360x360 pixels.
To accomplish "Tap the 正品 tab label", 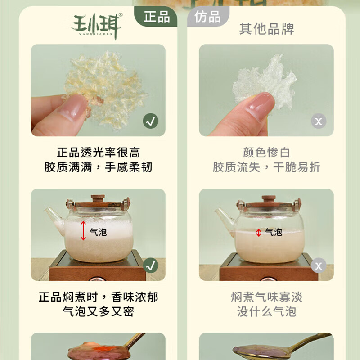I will click(157, 17).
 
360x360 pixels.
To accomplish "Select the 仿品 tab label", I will click(207, 17).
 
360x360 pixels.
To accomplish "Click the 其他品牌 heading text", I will click(266, 29).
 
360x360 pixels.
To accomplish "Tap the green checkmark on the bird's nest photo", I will click(150, 121).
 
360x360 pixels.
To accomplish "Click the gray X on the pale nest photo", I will click(319, 121).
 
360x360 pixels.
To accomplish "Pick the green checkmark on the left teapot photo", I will click(150, 265).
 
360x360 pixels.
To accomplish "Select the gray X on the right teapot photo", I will click(319, 265).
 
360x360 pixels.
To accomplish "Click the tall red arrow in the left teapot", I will click(83, 231).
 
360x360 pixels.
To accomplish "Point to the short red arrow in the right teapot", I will click(258, 233).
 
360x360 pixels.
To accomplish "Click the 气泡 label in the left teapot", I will click(98, 232).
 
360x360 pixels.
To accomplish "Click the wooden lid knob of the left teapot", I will click(98, 198).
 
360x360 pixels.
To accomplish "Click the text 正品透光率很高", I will click(98, 153).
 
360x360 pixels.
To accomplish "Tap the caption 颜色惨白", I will click(266, 153).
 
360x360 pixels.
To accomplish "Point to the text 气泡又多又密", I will click(98, 311).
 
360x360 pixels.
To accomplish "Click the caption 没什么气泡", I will click(266, 311).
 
